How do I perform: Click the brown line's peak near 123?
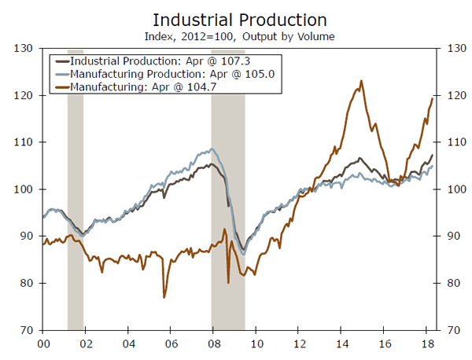click(361, 81)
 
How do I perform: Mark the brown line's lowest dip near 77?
click(164, 296)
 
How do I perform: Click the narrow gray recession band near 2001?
click(76, 189)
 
